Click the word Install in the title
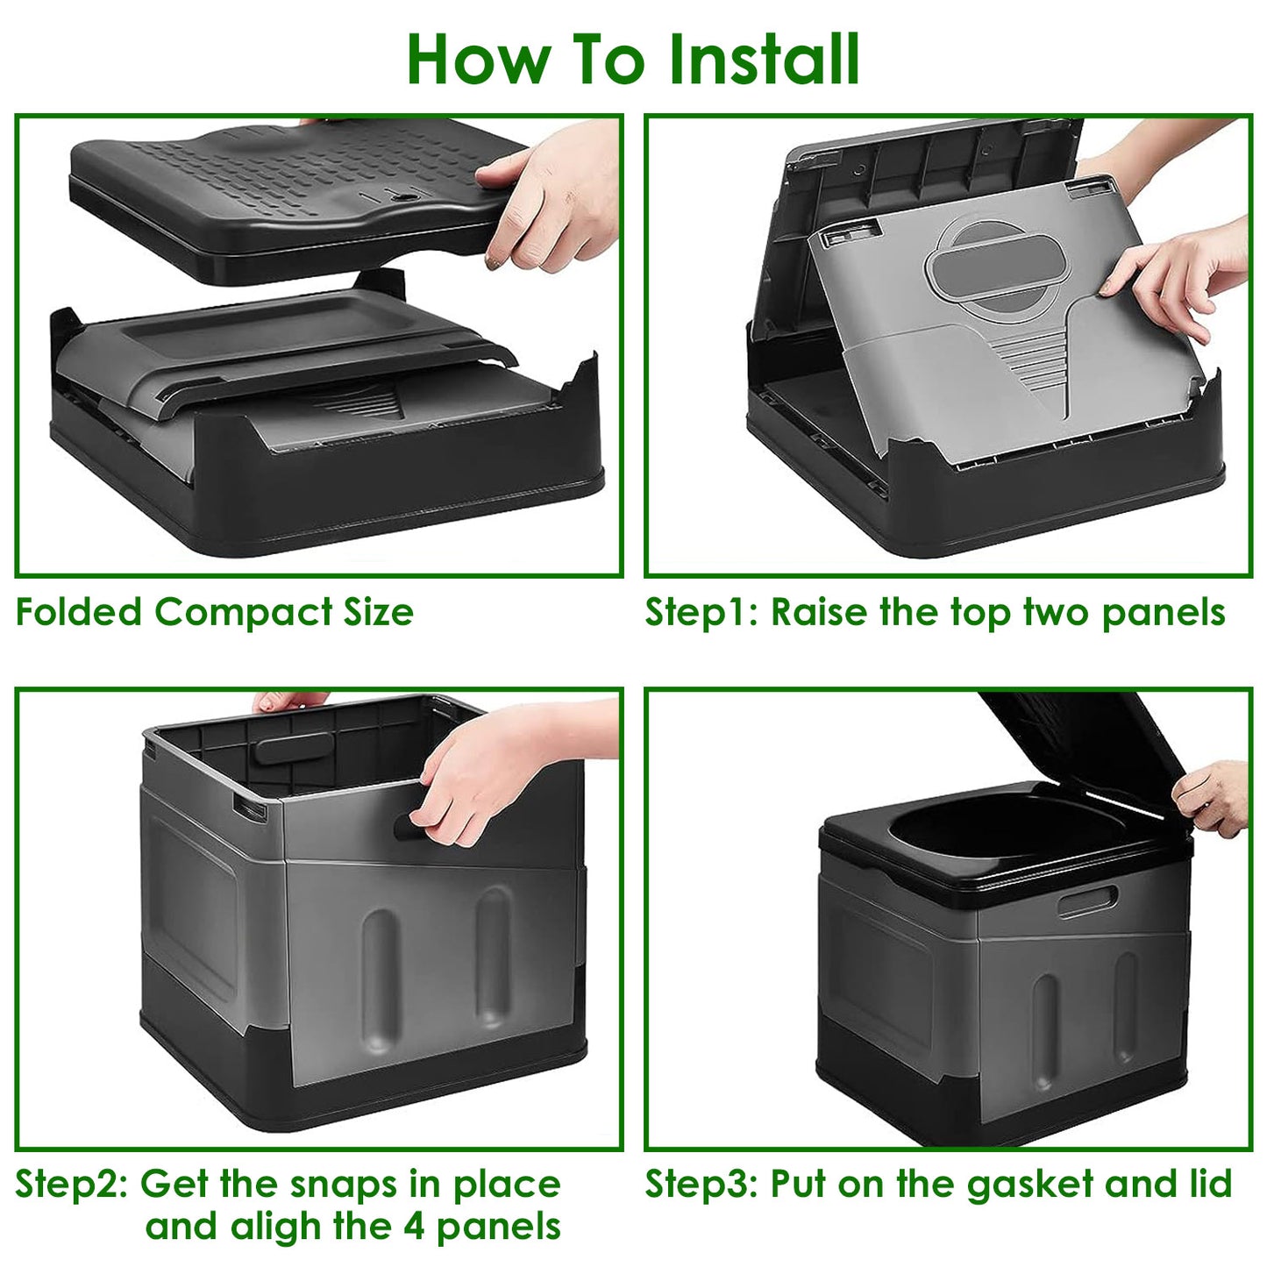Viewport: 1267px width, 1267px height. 763,60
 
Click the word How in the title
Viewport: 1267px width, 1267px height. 479,60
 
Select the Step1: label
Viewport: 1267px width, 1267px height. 701,612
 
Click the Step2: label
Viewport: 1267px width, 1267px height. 72,1184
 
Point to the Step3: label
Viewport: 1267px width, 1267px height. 701,1184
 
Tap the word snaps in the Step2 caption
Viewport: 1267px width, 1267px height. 345,1184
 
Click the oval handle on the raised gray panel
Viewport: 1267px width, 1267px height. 998,263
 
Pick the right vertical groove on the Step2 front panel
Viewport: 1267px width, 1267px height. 493,956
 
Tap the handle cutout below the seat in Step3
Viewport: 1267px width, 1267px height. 1088,901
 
